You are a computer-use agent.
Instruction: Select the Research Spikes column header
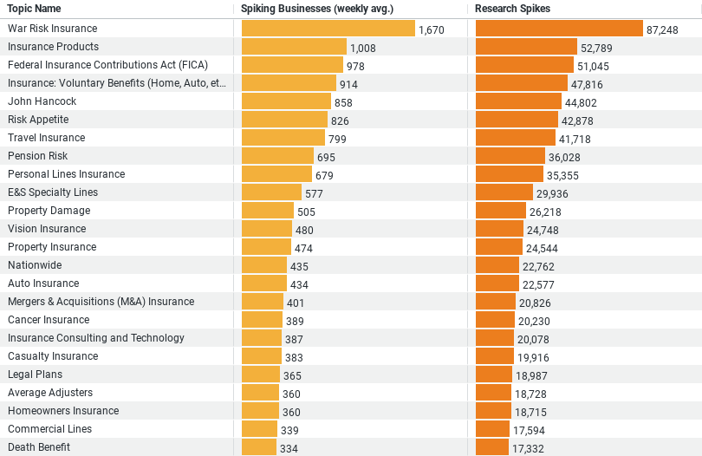tap(512, 9)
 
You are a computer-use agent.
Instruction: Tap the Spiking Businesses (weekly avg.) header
tap(316, 9)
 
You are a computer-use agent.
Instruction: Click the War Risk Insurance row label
tap(52, 29)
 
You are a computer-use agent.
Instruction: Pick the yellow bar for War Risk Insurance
tap(328, 29)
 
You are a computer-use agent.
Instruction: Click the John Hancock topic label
tap(42, 101)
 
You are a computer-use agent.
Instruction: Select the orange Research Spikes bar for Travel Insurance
tap(516, 138)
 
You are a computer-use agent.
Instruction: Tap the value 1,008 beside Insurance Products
tap(363, 48)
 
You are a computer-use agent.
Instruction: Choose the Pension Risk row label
tap(38, 156)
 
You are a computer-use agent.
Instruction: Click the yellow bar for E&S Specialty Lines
tap(271, 192)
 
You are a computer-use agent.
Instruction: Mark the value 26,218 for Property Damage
tap(546, 212)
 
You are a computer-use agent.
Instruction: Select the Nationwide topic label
tap(34, 265)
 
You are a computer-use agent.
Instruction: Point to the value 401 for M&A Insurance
tap(296, 303)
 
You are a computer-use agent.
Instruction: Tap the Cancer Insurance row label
tap(49, 320)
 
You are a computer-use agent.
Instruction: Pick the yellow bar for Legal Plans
tap(261, 375)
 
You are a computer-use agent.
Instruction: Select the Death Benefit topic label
tap(39, 447)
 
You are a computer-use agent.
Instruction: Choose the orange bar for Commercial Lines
tap(492, 429)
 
